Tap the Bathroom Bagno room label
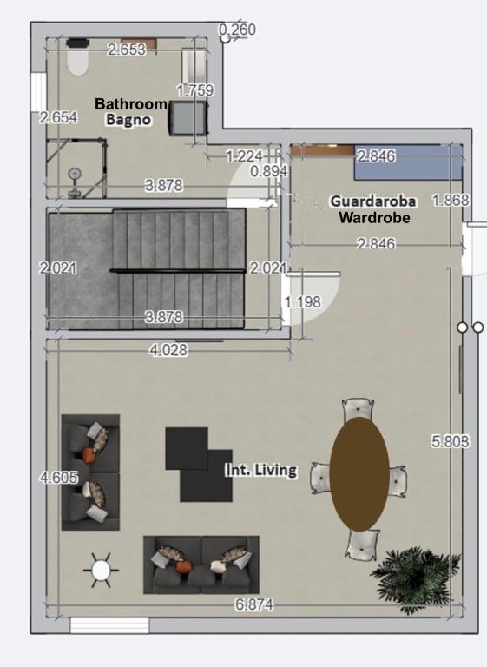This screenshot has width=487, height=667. (130, 111)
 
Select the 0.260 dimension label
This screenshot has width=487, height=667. (237, 30)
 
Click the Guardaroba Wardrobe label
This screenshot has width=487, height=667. (373, 209)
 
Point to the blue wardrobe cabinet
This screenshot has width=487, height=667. (408, 162)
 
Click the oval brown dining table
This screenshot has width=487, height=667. (359, 474)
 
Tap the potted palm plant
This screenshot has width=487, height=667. (415, 578)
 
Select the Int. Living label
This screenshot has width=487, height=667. (260, 470)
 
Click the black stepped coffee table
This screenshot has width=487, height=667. (199, 464)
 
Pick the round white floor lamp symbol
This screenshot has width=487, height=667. (102, 571)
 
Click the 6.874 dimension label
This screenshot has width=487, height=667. (254, 604)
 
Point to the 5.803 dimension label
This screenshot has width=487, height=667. (451, 441)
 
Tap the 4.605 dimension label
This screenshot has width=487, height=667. (59, 478)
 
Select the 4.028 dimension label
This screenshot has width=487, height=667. (168, 350)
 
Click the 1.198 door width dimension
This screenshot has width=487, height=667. (302, 302)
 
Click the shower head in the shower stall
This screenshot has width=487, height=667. (75, 174)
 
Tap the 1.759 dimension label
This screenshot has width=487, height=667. (195, 90)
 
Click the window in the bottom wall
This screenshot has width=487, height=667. (109, 625)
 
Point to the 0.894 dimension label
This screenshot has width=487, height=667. (269, 171)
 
